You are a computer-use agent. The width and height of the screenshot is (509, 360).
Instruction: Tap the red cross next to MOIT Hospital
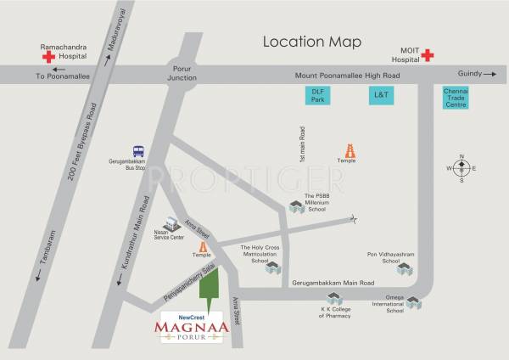point(427,56)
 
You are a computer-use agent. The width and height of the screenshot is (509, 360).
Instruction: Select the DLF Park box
point(318,95)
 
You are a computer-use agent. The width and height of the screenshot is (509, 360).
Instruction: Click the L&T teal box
point(381,95)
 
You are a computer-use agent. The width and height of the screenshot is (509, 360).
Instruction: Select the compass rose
point(461,168)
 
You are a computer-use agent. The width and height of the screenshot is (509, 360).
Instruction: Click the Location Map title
point(311,42)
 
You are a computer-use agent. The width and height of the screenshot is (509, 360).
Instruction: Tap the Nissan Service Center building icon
point(174,222)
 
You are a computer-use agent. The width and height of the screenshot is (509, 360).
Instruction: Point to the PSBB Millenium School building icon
point(296,206)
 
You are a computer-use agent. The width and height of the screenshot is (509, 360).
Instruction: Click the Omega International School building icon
point(413,302)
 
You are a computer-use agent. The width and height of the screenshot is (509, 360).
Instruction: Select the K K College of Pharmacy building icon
point(334,299)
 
